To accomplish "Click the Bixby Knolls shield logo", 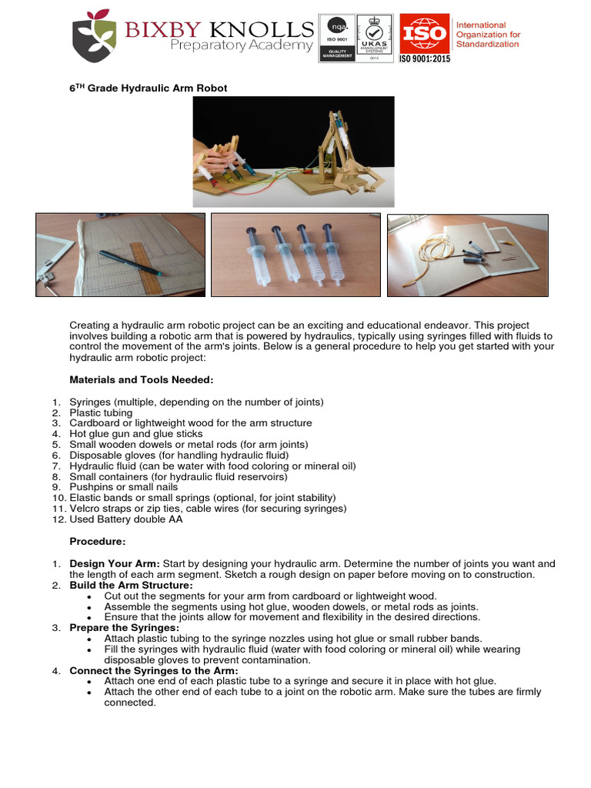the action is click(x=95, y=35).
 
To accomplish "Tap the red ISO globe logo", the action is click(x=425, y=33).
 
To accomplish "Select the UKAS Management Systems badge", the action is click(x=375, y=38).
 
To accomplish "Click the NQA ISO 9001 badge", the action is click(x=337, y=38).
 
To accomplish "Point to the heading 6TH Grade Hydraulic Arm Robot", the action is click(x=149, y=88).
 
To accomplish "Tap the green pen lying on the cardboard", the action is click(x=130, y=263).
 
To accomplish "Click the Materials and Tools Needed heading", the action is click(x=142, y=380).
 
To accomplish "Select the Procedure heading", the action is click(x=98, y=542).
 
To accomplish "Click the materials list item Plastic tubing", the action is click(x=101, y=413).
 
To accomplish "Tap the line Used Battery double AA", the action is click(x=126, y=519).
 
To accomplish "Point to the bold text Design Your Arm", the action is click(x=115, y=564).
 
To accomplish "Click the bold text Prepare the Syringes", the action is click(x=124, y=628).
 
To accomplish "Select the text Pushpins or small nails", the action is click(x=124, y=487).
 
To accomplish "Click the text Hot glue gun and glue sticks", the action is click(x=136, y=434).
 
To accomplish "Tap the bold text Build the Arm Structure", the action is click(x=131, y=586).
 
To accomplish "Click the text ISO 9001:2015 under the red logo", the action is click(x=425, y=58).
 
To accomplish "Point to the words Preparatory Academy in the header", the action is click(x=242, y=45).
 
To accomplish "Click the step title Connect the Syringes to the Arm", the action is click(x=154, y=671).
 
